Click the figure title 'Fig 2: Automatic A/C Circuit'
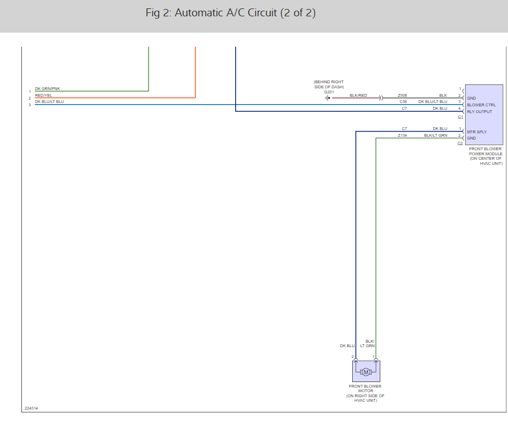tap(230, 13)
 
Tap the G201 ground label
tap(329, 92)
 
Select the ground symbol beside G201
tap(327, 98)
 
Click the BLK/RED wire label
tap(358, 96)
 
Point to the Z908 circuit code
tap(402, 96)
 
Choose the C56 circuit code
tap(403, 102)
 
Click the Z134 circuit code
tap(402, 136)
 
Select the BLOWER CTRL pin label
tap(481, 105)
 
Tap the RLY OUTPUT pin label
tap(479, 111)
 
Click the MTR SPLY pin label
tap(476, 132)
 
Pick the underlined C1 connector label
tap(460, 117)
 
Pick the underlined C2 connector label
tap(460, 143)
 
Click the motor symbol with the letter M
tap(366, 372)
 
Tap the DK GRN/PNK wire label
tap(47, 89)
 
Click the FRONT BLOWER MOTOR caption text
tap(365, 389)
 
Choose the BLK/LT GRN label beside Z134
tap(435, 136)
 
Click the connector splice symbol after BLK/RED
tap(381, 98)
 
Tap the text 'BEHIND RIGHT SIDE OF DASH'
tap(329, 84)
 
